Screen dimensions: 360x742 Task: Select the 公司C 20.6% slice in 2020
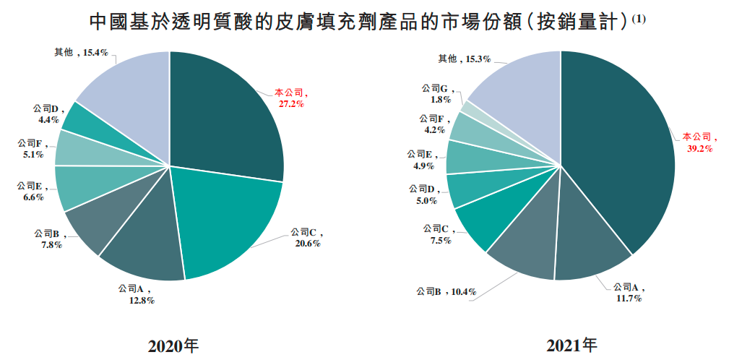[224, 217]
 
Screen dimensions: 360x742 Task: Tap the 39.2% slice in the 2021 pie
[621, 159]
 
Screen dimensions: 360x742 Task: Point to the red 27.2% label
[291, 104]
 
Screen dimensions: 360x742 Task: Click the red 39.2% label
[701, 148]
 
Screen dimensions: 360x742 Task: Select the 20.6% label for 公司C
[307, 244]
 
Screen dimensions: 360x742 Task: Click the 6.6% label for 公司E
[33, 197]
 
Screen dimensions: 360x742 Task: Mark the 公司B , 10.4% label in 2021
[447, 291]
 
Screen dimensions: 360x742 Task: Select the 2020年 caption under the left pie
[173, 344]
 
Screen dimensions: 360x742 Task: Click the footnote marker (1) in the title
[639, 19]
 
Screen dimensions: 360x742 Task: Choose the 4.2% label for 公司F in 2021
[434, 130]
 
